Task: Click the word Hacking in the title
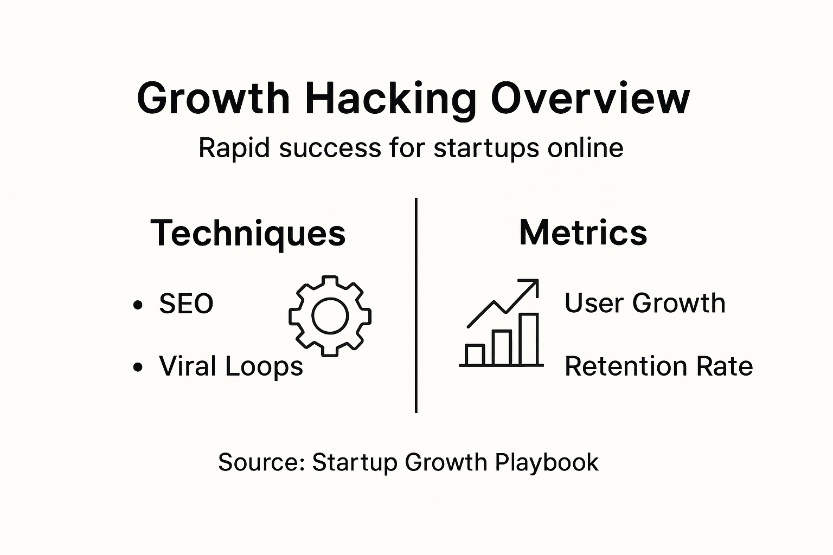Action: pyautogui.click(x=390, y=99)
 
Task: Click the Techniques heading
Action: pyautogui.click(x=248, y=234)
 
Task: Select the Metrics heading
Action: pyautogui.click(x=583, y=233)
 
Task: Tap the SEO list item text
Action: pyautogui.click(x=186, y=304)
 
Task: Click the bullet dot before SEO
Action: pyautogui.click(x=138, y=305)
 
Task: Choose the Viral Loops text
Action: pyautogui.click(x=231, y=367)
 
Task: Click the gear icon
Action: pyautogui.click(x=330, y=316)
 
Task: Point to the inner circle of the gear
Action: pyautogui.click(x=330, y=317)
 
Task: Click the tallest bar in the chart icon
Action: pyautogui.click(x=528, y=339)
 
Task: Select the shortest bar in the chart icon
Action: pyautogui.click(x=475, y=354)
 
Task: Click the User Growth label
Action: pyautogui.click(x=645, y=303)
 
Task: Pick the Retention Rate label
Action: pyautogui.click(x=658, y=367)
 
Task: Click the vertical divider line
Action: pyautogui.click(x=416, y=305)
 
